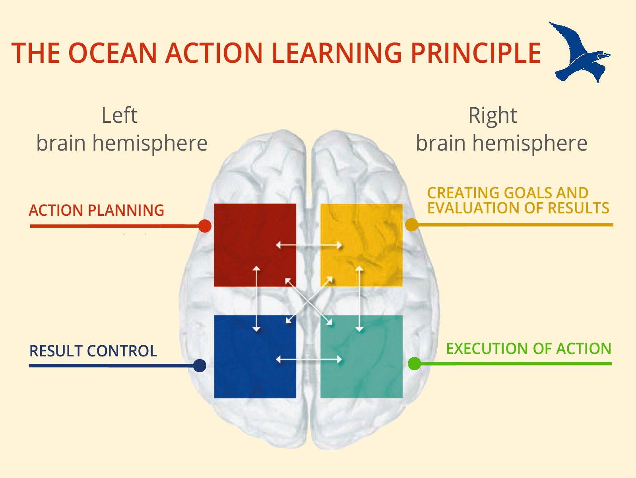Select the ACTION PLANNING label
tap(97, 210)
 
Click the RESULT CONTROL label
tap(93, 351)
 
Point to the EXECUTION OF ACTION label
tap(528, 348)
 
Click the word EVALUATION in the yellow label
tap(473, 208)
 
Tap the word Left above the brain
tap(119, 116)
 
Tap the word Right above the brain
tap(493, 116)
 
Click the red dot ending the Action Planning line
tap(205, 226)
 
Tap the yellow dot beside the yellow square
tap(411, 224)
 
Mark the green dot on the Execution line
tap(414, 363)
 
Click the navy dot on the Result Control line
tap(200, 365)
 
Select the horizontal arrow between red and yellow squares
tap(309, 245)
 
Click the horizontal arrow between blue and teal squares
tap(309, 360)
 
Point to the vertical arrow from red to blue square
tap(256, 299)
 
